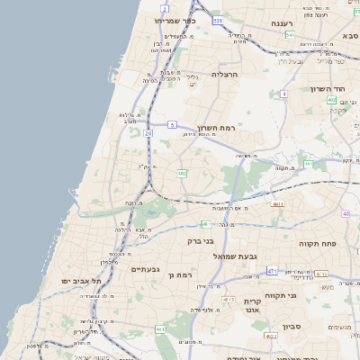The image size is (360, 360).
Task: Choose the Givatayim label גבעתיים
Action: pyautogui.click(x=145, y=269)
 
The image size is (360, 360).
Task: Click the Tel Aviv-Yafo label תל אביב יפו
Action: pyautogui.click(x=65, y=281)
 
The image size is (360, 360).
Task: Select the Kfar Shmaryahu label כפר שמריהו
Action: pyautogui.click(x=174, y=20)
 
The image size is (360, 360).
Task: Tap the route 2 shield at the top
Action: pyautogui.click(x=166, y=8)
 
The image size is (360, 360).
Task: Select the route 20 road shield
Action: pyautogui.click(x=148, y=132)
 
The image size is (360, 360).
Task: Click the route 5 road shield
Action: pyautogui.click(x=171, y=125)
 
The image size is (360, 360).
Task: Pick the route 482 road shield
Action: pyautogui.click(x=183, y=172)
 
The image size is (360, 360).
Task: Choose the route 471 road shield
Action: pyautogui.click(x=271, y=270)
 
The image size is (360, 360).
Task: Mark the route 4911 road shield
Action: pyautogui.click(x=278, y=204)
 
